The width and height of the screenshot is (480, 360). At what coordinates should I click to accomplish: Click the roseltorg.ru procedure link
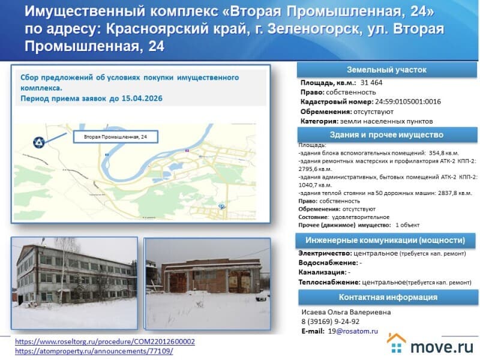(104, 341)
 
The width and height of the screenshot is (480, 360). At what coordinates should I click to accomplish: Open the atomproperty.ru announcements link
(94, 351)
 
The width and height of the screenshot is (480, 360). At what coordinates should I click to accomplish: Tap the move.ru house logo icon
(397, 344)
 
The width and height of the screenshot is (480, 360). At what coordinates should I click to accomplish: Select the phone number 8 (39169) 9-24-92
(334, 321)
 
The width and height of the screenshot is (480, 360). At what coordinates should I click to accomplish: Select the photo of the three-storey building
(74, 282)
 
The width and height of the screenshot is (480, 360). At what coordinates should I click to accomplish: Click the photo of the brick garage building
(207, 282)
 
